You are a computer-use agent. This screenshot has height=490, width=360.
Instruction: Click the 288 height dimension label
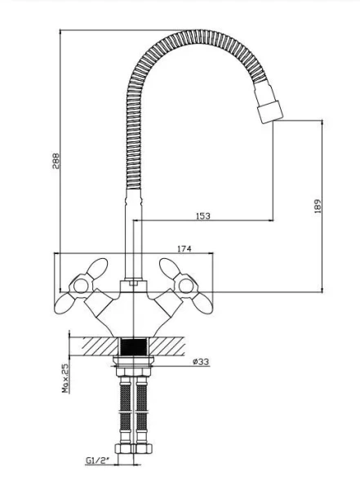[x=56, y=161]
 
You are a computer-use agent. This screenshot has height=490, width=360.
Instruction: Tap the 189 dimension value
[x=318, y=207]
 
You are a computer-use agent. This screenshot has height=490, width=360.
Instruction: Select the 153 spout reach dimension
[x=203, y=216]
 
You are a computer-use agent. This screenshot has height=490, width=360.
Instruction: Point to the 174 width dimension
[x=184, y=249]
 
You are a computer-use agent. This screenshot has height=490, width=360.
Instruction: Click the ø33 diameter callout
[x=201, y=362]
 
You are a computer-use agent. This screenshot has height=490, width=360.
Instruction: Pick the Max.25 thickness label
[x=65, y=378]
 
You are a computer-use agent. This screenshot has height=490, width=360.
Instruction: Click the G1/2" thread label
[x=98, y=461]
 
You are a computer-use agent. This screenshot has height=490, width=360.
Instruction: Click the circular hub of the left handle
[x=81, y=286]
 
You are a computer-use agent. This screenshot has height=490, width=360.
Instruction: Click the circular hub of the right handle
[x=186, y=286]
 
